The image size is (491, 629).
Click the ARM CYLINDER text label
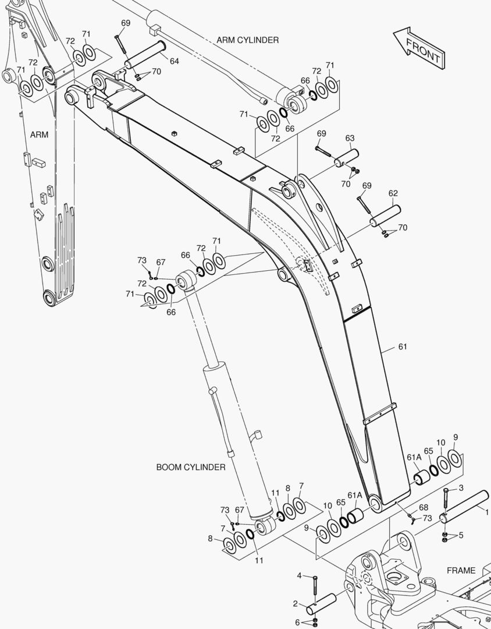[247, 40]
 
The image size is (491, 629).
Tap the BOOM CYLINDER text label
[191, 467]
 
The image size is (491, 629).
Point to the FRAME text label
[461, 571]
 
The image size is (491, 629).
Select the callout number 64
[174, 61]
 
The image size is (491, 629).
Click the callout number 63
[350, 138]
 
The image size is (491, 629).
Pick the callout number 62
[393, 193]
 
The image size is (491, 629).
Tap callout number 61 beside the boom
[403, 347]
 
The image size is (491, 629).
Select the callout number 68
[424, 507]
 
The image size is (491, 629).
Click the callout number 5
[461, 535]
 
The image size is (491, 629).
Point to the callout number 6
[298, 623]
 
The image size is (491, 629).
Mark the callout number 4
[300, 576]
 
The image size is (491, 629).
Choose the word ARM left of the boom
[39, 135]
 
